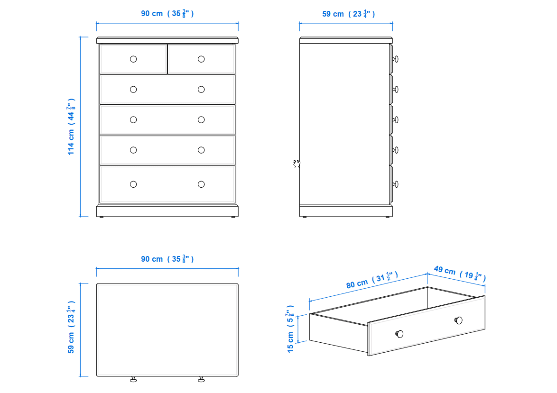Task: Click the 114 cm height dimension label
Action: [x=71, y=127]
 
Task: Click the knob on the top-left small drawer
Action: [x=133, y=59]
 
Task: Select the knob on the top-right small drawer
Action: [x=201, y=59]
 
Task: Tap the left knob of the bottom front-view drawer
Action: [x=133, y=184]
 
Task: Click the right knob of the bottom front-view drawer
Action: [x=201, y=184]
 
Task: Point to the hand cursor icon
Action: [x=297, y=164]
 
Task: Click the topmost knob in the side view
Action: [x=395, y=59]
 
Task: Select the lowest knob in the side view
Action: [x=395, y=184]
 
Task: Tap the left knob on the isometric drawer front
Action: [x=399, y=334]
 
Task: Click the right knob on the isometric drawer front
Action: [x=459, y=320]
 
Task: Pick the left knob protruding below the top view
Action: [x=133, y=379]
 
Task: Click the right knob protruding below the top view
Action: [x=201, y=379]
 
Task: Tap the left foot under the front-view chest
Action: [x=102, y=217]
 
